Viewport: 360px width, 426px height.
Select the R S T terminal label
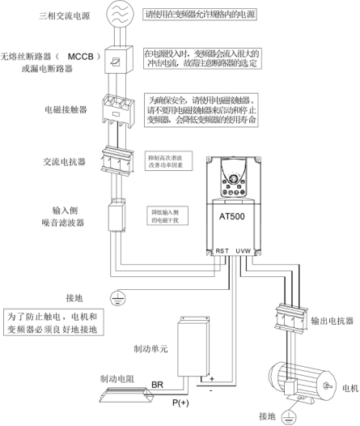[223, 251]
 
